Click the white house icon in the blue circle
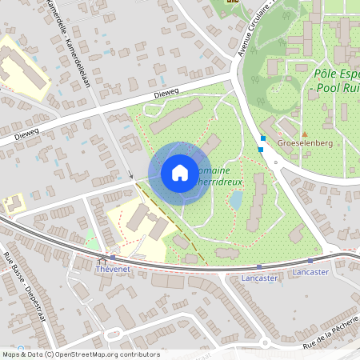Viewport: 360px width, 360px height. click(179, 172)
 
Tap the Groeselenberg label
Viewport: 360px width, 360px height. click(304, 144)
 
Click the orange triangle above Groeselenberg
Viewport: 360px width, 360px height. click(304, 134)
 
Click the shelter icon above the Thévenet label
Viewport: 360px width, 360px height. click(101, 262)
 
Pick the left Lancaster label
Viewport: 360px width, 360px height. click(259, 278)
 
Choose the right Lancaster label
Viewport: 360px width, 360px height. click(310, 272)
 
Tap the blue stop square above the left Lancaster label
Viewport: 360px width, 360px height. click(259, 267)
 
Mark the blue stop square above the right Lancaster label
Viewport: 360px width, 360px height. click(310, 262)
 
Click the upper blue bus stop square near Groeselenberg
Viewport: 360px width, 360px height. click(262, 138)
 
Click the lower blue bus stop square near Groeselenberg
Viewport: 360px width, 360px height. click(260, 149)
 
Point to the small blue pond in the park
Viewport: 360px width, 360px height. click(236, 199)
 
